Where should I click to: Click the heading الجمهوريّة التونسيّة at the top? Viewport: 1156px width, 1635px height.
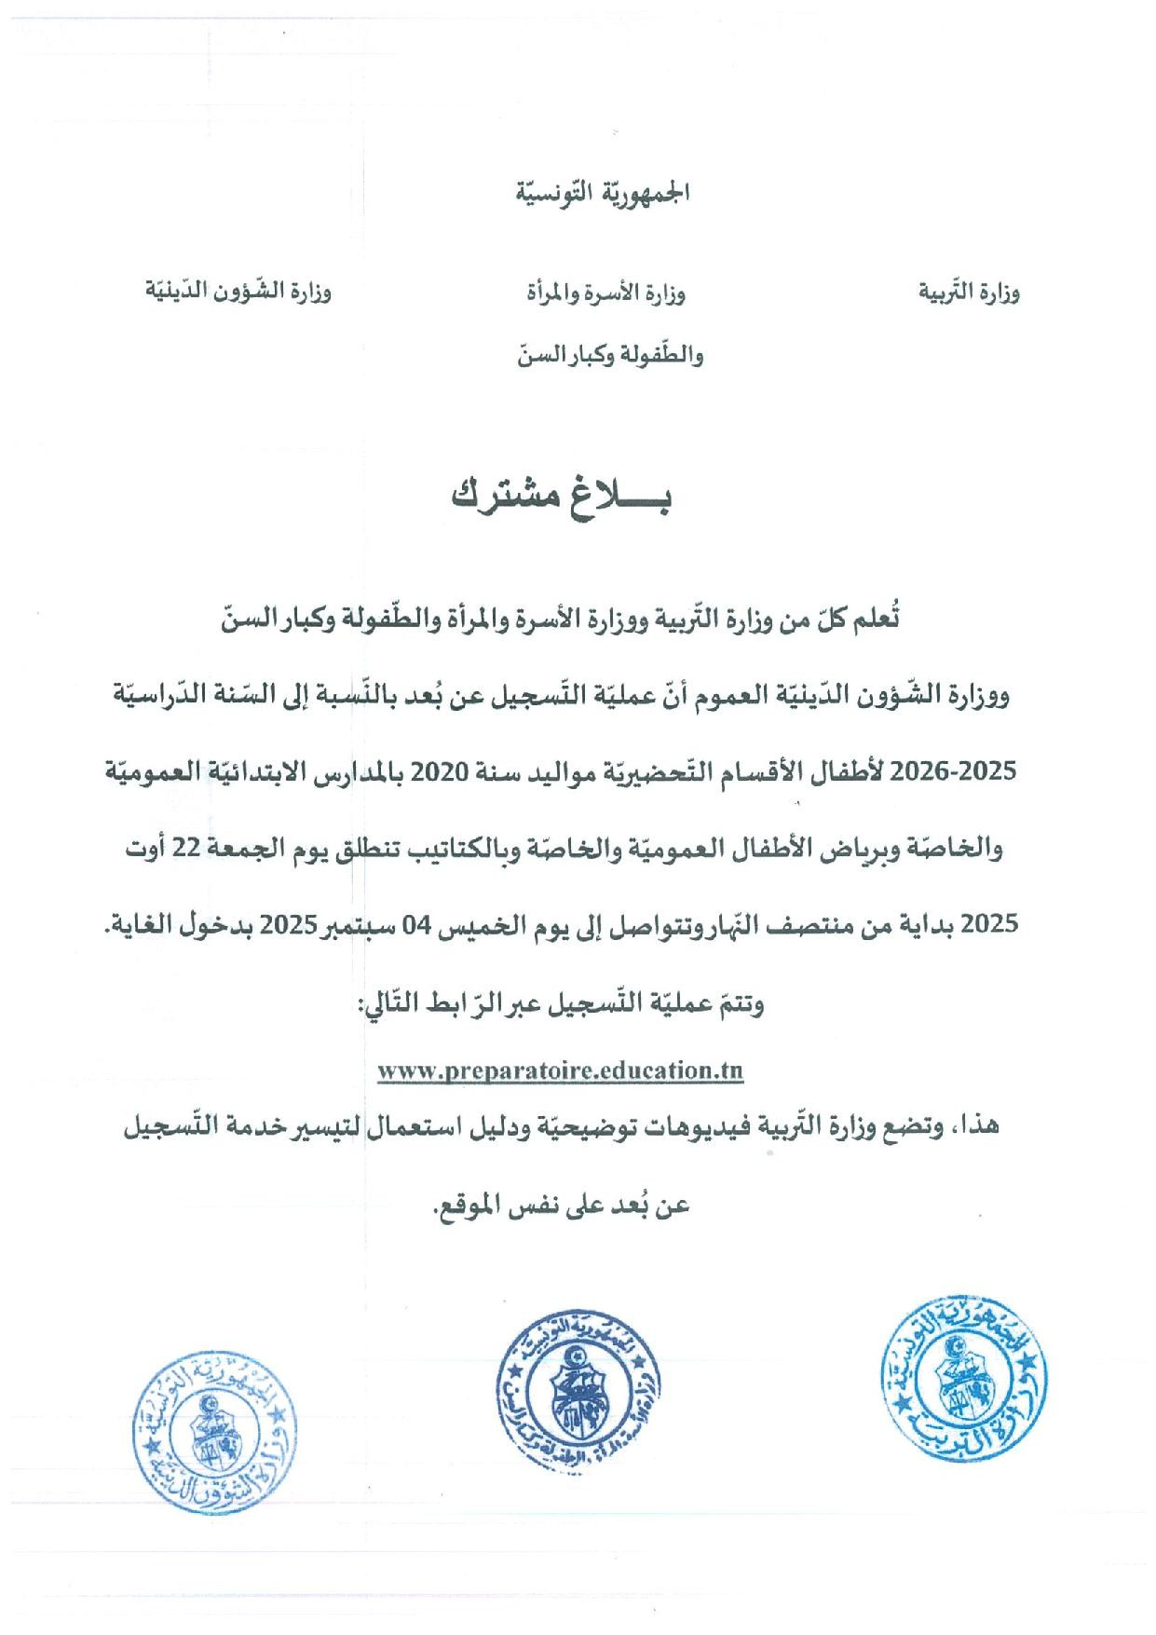tap(593, 195)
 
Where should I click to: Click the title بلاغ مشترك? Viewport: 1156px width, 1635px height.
tap(562, 497)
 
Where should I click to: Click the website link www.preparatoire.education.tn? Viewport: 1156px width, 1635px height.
tap(560, 1070)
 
